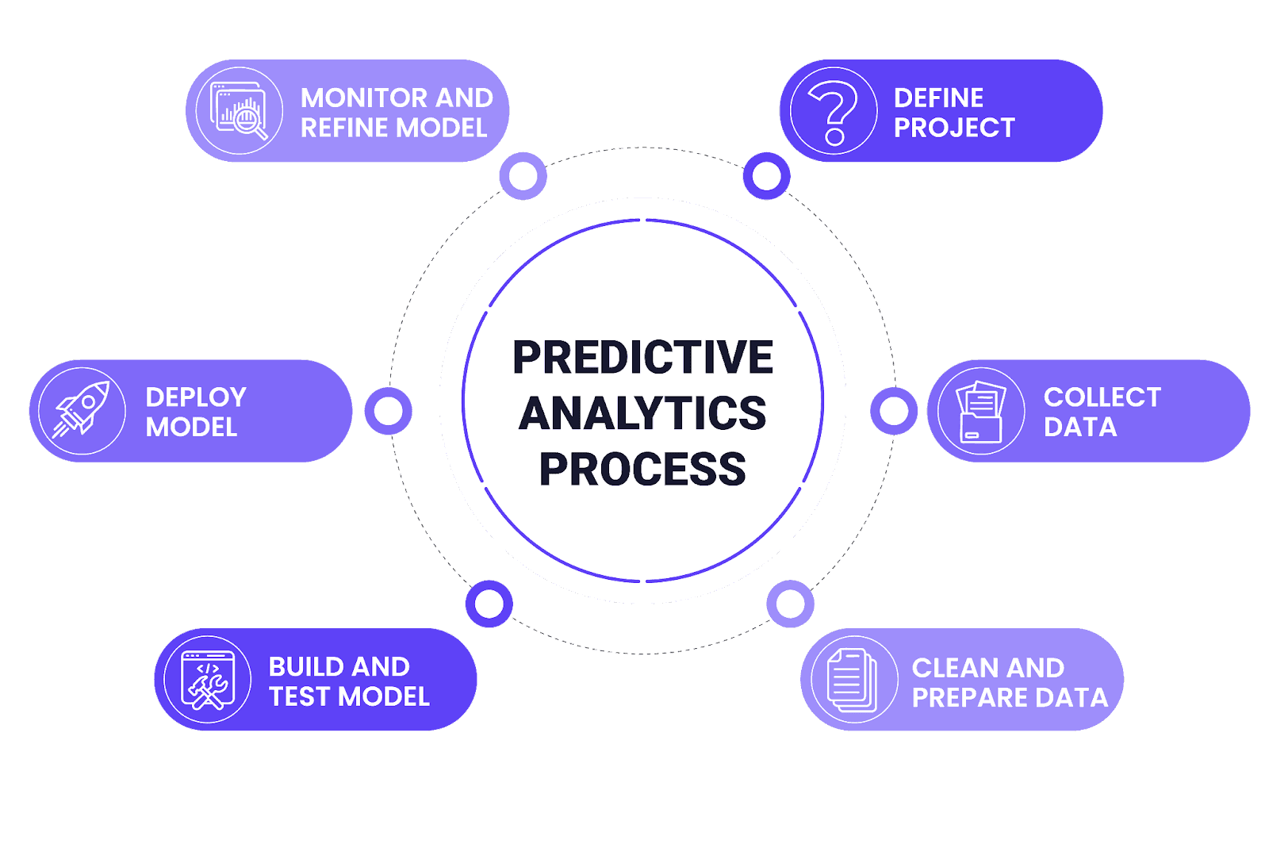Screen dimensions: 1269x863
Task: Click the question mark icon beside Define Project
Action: (833, 111)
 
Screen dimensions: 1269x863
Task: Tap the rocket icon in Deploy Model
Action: (82, 411)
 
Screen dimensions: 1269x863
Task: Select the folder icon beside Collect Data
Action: (981, 411)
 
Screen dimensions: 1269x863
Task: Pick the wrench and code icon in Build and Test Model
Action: (208, 680)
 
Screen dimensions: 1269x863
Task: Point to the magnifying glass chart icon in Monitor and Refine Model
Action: (239, 111)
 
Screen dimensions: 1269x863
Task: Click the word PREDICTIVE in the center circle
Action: (642, 358)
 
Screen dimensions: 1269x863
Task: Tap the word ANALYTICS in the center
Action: (642, 413)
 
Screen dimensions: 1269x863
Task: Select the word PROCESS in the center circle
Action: (642, 470)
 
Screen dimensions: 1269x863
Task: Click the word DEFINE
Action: (938, 98)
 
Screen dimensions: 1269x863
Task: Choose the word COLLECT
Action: (1102, 397)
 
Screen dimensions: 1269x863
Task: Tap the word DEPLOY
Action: (196, 397)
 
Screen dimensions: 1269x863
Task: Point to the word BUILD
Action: (303, 666)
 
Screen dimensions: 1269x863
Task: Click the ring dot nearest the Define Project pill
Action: (766, 176)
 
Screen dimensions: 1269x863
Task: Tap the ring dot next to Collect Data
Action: (894, 411)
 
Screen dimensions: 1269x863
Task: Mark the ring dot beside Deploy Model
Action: (388, 411)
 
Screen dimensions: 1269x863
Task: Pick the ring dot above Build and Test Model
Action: (489, 604)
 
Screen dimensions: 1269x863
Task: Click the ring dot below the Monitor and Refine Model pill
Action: (523, 176)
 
